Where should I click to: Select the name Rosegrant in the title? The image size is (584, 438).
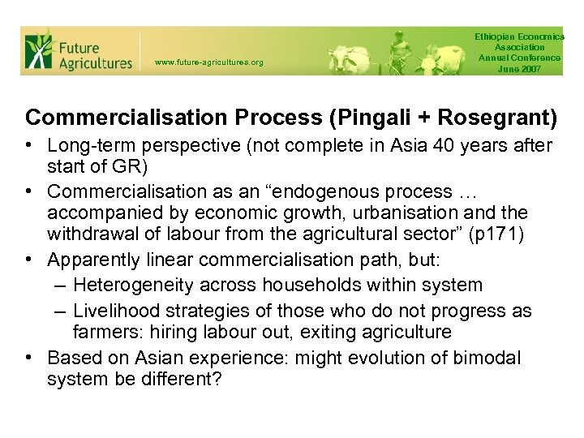pyautogui.click(x=487, y=118)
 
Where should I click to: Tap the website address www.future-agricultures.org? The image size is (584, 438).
pyautogui.click(x=208, y=62)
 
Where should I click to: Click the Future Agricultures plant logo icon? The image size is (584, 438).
pyautogui.click(x=38, y=51)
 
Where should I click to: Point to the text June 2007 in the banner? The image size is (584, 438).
pyautogui.click(x=519, y=68)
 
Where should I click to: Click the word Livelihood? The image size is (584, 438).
pyautogui.click(x=112, y=311)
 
